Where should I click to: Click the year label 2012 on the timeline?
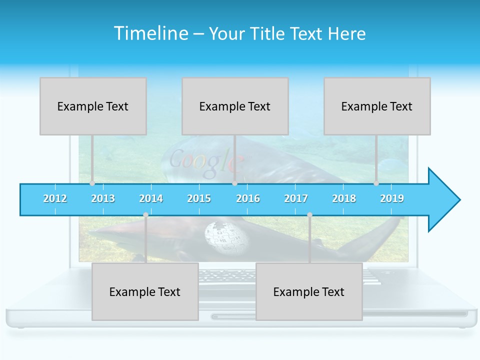pos(55,198)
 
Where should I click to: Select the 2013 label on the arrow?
pos(103,198)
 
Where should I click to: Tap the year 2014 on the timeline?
pos(151,198)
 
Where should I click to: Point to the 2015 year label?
pos(199,198)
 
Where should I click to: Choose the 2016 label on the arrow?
pos(248,198)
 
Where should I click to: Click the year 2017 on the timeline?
pos(296,198)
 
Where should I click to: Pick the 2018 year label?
pos(344,198)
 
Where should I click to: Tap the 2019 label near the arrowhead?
pos(392,198)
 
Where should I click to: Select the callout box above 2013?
pos(93,106)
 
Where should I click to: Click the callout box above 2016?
pos(235,106)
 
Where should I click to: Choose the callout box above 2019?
pos(377,106)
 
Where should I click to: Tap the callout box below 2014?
pos(145,291)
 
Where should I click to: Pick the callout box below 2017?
pos(309,291)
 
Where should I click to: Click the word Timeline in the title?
pos(150,33)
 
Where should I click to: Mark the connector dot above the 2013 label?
pos(92,183)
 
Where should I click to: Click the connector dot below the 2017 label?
pos(309,214)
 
